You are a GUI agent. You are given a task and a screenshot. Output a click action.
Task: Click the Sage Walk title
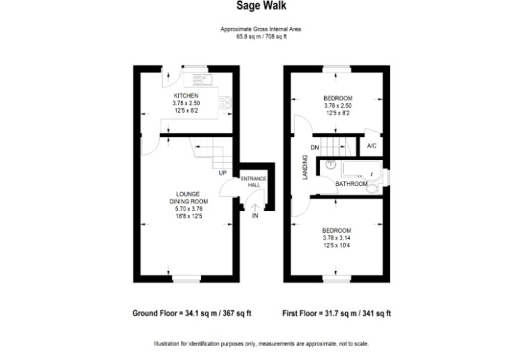pos(261,6)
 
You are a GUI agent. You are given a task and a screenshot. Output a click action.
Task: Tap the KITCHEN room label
pos(186,96)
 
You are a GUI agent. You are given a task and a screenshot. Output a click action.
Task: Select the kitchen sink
pos(202,80)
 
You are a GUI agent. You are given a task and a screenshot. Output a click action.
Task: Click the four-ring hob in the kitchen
pos(225,102)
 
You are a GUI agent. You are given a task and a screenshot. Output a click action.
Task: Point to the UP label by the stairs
pos(223,173)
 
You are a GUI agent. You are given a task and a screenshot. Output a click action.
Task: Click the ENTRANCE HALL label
pos(254,182)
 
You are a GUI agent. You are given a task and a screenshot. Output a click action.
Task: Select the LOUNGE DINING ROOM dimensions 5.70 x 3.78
pos(189,209)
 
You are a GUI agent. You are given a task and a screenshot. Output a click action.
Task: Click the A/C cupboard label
pos(372,146)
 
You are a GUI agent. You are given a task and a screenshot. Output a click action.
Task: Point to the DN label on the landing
pos(314,147)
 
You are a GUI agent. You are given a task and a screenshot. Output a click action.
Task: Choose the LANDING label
pos(305,167)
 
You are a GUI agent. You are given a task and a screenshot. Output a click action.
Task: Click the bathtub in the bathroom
pos(362,169)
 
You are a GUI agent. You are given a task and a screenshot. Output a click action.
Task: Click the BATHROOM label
pos(351,184)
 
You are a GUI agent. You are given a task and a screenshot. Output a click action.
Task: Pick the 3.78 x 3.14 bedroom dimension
pos(337,238)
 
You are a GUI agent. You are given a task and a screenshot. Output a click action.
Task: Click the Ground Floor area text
pos(192,313)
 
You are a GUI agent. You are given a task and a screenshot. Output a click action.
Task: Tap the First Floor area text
pos(336,313)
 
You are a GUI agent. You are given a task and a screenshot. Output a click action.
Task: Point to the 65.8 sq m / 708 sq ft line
pos(261,36)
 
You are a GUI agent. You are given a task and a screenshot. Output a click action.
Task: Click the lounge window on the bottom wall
pos(187,279)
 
